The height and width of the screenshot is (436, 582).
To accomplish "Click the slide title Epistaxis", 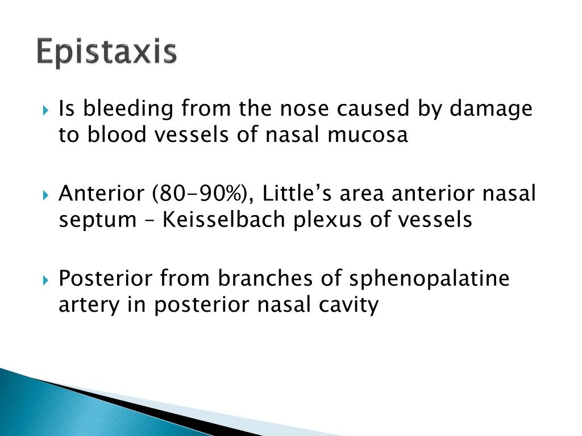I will pos(107,52).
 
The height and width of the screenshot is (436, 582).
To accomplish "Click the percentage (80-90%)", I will pos(198,194).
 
